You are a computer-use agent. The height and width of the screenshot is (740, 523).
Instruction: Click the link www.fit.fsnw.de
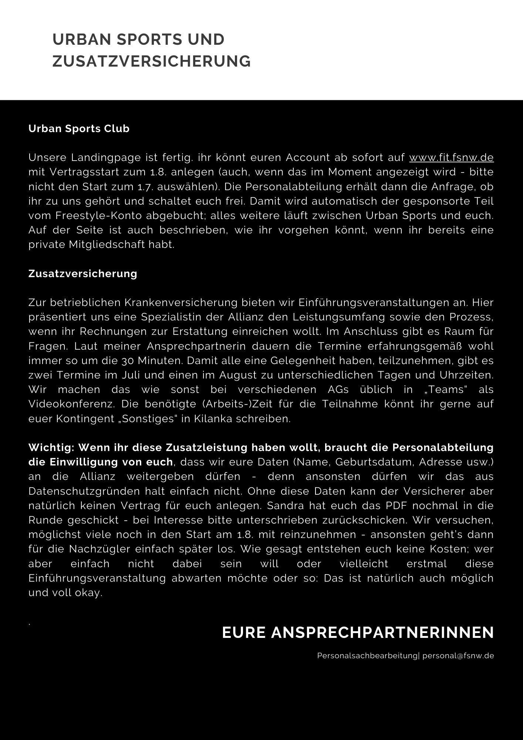451,158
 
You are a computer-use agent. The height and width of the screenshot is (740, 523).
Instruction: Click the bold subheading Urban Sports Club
79,129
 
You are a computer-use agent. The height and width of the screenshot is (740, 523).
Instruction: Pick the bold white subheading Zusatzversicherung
83,274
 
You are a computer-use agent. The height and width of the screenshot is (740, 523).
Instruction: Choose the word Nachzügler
98,549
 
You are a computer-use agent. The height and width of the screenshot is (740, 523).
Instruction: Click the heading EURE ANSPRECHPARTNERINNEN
358,633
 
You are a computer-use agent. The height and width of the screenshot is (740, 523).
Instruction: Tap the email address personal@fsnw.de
458,656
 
